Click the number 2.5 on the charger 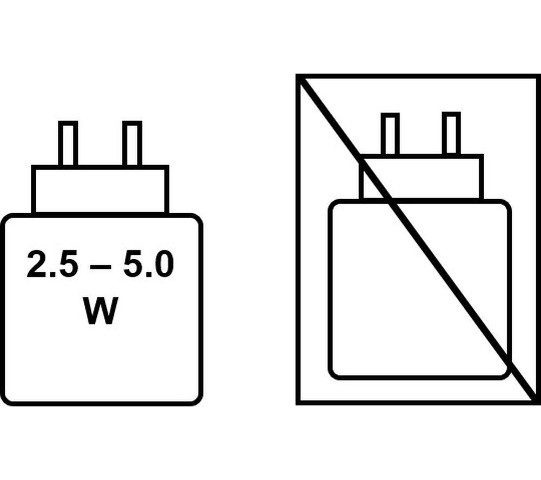52,264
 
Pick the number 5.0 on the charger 148,264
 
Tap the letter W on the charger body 100,310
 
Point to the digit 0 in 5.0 163,264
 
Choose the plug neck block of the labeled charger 100,190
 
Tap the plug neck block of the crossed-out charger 421,177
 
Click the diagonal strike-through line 418,239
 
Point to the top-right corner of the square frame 539,76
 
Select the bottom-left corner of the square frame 298,403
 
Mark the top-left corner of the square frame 298,76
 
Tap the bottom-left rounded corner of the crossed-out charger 334,374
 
